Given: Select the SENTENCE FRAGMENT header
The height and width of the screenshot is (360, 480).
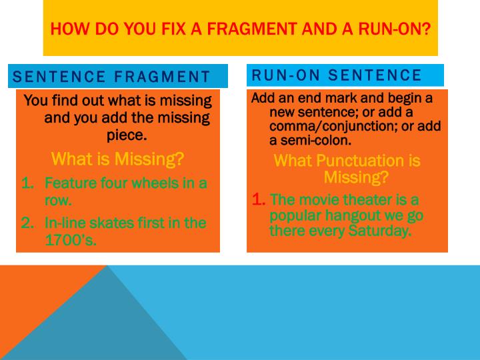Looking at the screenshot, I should [x=111, y=77].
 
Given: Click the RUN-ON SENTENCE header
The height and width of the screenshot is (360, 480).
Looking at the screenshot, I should [x=337, y=75].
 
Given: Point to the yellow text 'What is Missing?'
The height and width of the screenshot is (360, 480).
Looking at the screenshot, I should [x=117, y=159].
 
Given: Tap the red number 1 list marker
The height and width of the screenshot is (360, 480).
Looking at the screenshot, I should [x=259, y=199].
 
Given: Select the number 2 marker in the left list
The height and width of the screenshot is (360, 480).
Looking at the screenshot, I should [x=27, y=223].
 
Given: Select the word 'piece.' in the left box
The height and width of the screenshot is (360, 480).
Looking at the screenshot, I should [x=127, y=135].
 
